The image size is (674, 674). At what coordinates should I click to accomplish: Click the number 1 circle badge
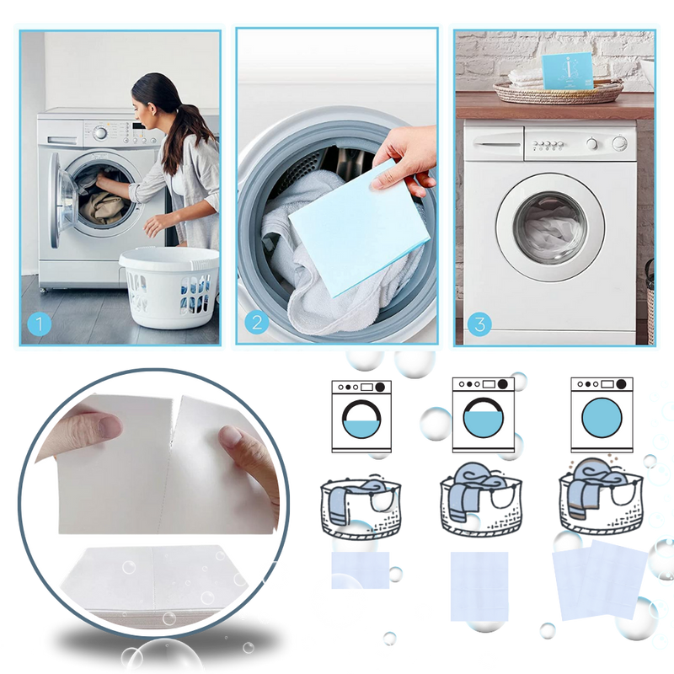[x=39, y=324]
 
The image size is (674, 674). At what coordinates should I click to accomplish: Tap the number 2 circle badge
[x=257, y=323]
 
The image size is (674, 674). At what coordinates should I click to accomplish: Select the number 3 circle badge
[x=479, y=324]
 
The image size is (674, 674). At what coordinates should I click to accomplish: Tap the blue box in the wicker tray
[x=567, y=71]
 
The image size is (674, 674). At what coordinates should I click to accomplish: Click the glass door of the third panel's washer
[x=550, y=227]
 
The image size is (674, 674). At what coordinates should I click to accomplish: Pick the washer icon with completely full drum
[x=602, y=415]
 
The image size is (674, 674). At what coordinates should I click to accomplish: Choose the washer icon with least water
[x=361, y=416]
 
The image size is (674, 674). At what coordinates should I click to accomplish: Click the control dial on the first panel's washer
[x=100, y=133]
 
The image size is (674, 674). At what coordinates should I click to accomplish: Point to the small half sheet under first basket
[x=361, y=570]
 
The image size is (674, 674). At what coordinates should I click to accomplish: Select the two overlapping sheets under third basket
[x=600, y=580]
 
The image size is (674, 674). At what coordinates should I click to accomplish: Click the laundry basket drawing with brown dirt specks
[x=601, y=496]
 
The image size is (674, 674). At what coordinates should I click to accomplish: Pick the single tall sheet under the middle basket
[x=479, y=586]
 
